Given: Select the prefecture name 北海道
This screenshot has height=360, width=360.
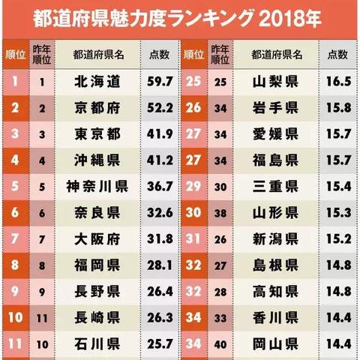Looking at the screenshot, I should point(98,80).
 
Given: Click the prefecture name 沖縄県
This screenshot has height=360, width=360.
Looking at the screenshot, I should point(98,160).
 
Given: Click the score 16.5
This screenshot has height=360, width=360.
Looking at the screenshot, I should point(340,80).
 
